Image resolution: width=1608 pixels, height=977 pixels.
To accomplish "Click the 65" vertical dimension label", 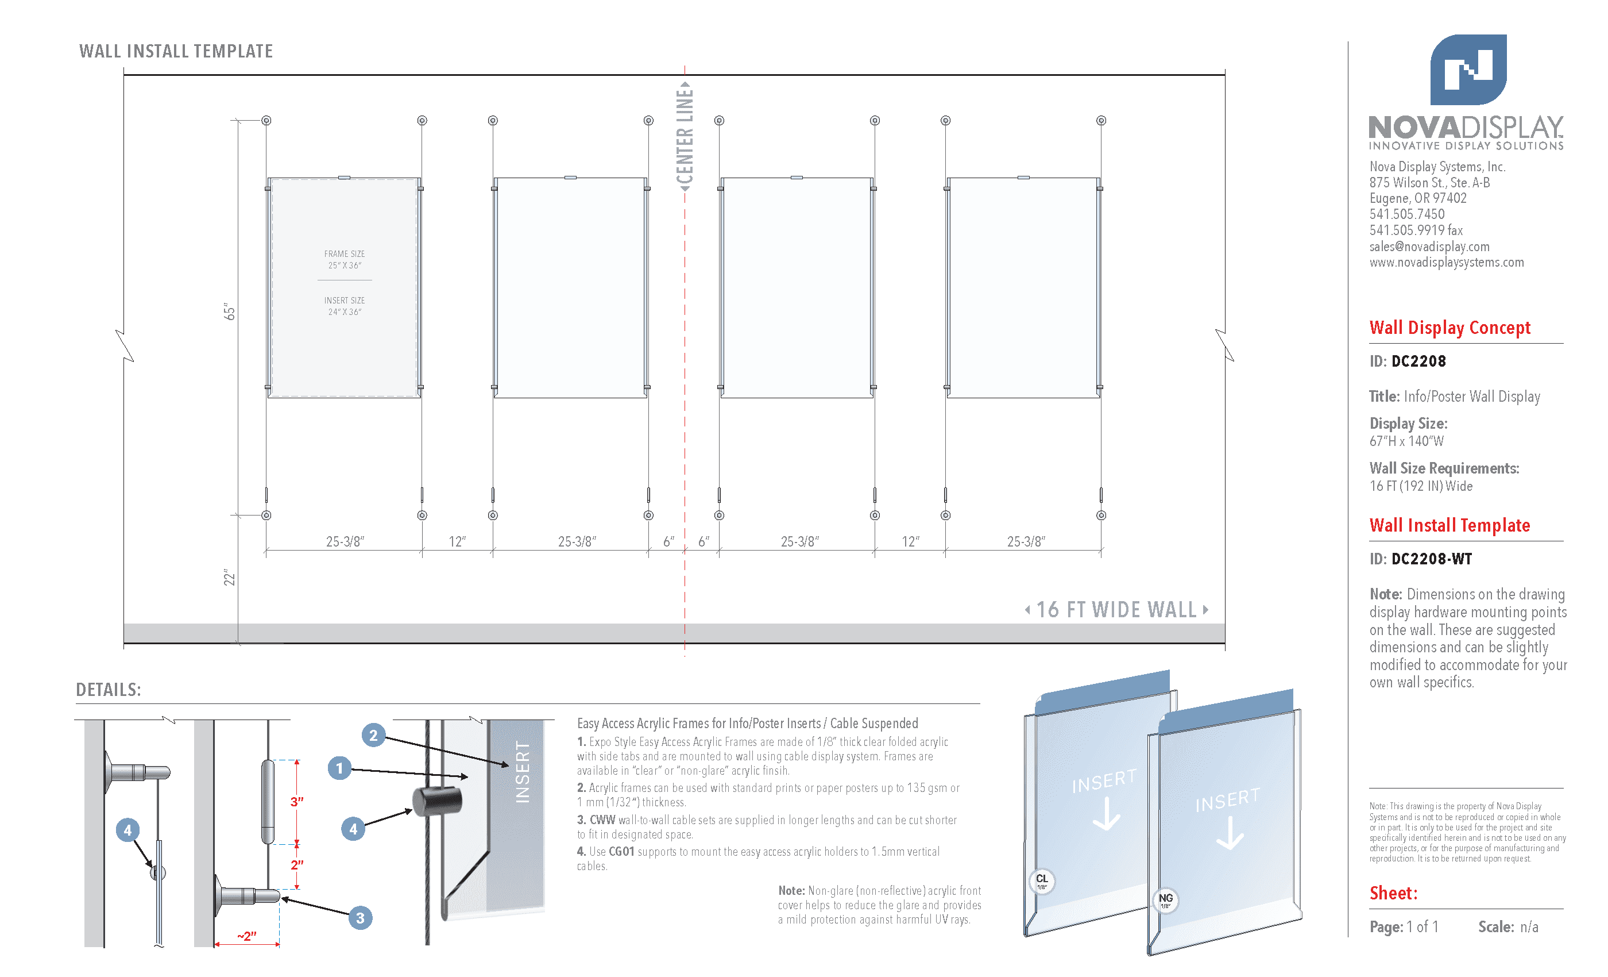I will [x=229, y=311].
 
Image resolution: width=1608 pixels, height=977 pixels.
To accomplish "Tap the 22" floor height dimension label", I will [x=229, y=578].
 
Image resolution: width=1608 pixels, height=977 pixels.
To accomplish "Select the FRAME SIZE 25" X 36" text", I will [x=345, y=259].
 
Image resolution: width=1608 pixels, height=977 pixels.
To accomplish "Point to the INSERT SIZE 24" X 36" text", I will [x=345, y=306].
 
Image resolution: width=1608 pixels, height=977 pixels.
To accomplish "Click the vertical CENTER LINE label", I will [x=685, y=137].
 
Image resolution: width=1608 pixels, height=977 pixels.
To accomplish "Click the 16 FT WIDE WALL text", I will [x=1116, y=609].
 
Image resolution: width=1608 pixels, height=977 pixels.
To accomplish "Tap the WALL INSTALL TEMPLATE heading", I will [x=176, y=51].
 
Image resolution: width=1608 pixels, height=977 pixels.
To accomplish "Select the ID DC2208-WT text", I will [x=1420, y=559].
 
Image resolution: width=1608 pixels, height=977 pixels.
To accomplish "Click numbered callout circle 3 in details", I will [x=360, y=918].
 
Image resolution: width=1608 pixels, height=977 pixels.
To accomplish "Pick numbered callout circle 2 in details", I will [x=373, y=736].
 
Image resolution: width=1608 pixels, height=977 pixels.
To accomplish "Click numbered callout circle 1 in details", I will [x=339, y=768].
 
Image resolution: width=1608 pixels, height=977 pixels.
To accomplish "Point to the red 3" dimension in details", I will [x=297, y=801].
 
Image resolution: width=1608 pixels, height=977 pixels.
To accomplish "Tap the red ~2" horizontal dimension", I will [x=247, y=936].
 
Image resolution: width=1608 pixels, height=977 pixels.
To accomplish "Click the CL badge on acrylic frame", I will [x=1042, y=880].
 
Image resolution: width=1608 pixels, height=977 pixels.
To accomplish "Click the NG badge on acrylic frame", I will [x=1166, y=899].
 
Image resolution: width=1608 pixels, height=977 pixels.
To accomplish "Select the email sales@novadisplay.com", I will [x=1429, y=246].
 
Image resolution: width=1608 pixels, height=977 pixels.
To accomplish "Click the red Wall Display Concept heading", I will [x=1449, y=327].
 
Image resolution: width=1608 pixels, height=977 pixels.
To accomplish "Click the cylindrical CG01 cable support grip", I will [x=436, y=801].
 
